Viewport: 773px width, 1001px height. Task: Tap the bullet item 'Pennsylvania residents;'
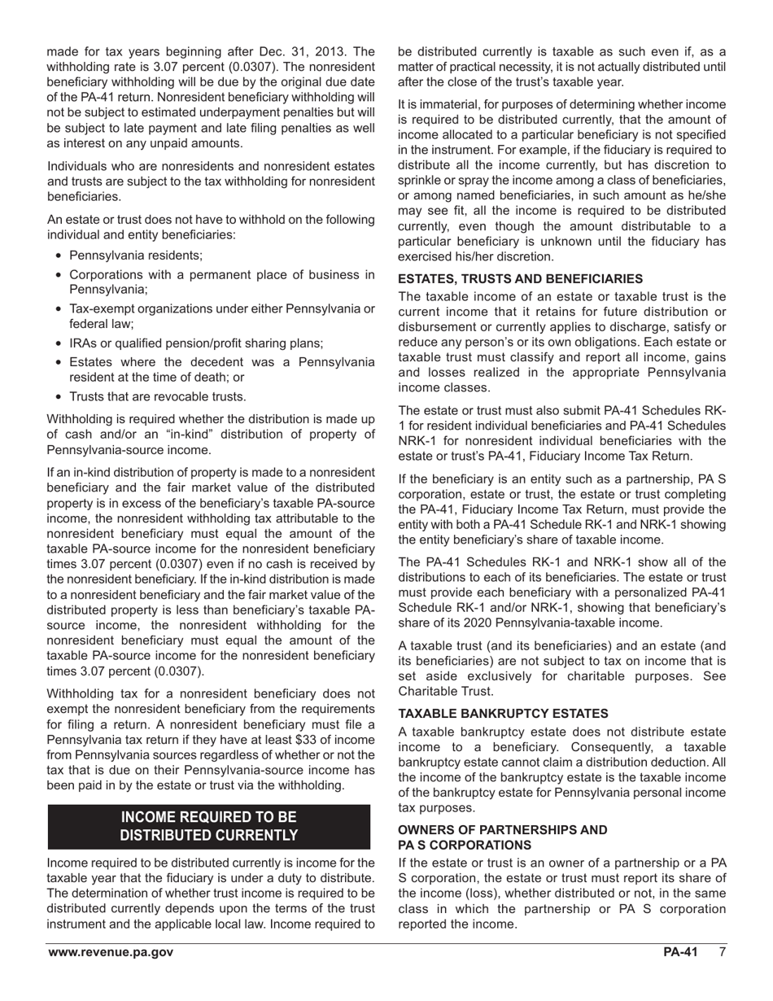136,255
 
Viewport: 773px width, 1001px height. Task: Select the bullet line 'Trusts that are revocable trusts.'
157,396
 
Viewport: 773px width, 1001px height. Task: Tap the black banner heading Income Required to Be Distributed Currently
209,826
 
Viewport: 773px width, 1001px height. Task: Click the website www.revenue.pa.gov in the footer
110,953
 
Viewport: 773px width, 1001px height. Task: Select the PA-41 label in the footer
680,953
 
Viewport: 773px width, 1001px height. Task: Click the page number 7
722,953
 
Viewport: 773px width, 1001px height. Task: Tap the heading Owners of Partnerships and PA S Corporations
502,837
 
